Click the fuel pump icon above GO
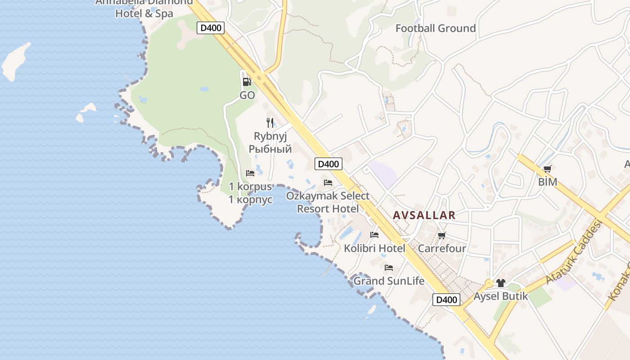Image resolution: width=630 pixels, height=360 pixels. coord(247,81)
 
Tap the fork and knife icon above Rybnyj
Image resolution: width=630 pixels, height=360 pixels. coord(270,122)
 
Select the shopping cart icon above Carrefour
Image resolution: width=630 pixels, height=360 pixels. coord(441,235)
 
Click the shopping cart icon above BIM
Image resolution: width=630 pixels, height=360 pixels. coord(547,169)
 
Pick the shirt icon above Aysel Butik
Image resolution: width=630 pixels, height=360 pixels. coord(501,283)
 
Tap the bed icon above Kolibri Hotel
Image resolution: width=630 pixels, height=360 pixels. coord(374,234)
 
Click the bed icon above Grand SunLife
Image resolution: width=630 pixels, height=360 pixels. coord(389,267)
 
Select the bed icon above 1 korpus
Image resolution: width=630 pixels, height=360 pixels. coord(250,173)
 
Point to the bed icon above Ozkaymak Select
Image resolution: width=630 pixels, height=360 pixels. coord(328,182)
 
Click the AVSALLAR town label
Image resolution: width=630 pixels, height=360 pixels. coord(424,215)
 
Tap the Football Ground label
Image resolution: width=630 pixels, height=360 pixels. coord(435,28)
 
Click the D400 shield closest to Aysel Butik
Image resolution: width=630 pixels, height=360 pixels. coord(446,300)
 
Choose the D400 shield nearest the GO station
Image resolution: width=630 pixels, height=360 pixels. coord(210,28)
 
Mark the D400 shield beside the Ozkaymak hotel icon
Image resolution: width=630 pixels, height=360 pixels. coord(328,164)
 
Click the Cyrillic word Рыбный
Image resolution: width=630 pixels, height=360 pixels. coord(270,148)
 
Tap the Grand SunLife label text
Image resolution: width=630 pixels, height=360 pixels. coord(389,281)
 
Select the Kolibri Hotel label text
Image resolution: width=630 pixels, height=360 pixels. coord(374,248)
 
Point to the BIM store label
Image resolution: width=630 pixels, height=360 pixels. coord(547,182)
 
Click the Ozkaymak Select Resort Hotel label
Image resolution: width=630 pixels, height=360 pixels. coord(328,202)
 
